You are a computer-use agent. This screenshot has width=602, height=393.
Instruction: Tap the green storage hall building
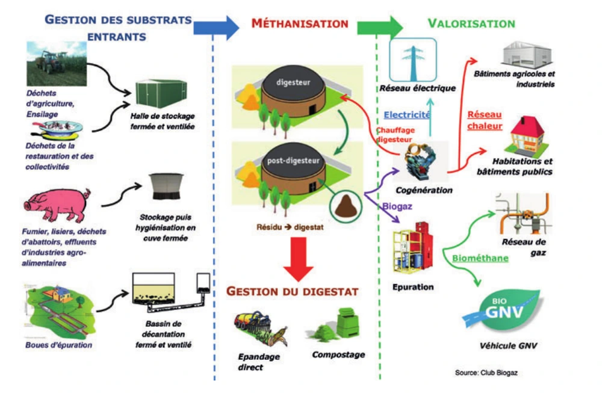(157, 94)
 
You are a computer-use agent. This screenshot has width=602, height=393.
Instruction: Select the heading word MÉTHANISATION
(299, 24)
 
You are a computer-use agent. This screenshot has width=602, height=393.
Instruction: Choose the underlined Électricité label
(407, 114)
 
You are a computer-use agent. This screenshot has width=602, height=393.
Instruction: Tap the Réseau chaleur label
(484, 120)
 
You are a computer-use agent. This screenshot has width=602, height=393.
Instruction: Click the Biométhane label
(480, 258)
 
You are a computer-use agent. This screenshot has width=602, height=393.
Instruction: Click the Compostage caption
(338, 354)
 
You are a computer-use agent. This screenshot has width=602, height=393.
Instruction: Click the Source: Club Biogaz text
(486, 373)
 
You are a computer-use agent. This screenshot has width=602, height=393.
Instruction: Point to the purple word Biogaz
(397, 208)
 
